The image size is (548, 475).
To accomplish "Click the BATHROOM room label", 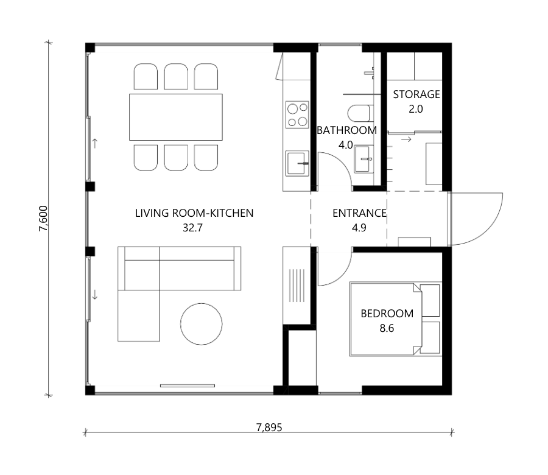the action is [x=346, y=130].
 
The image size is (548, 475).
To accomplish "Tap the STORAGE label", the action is [x=416, y=94].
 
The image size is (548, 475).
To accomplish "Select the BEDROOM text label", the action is [x=387, y=314].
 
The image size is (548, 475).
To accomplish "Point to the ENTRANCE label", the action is [x=359, y=213].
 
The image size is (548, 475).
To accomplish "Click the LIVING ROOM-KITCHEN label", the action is [x=194, y=213].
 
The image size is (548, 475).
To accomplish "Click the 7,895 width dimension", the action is [x=269, y=427].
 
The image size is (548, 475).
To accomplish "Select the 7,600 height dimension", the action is [x=43, y=219].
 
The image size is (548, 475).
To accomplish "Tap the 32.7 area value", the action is [x=192, y=228].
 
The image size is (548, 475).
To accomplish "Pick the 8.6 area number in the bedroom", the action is [x=387, y=328].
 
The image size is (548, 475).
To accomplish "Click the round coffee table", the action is [x=202, y=324].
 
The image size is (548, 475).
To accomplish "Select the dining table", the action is [x=176, y=117].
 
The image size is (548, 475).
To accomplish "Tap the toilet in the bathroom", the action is [x=359, y=113].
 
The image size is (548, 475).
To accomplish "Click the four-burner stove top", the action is [x=297, y=114].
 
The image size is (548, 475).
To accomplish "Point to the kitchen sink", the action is [x=297, y=163].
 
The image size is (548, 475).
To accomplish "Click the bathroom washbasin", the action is [x=364, y=160].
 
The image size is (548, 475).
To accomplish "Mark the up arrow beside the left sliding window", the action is [x=94, y=143].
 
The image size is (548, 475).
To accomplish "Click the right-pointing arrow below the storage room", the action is [x=406, y=139].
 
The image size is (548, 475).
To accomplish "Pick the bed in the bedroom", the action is [x=385, y=320].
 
